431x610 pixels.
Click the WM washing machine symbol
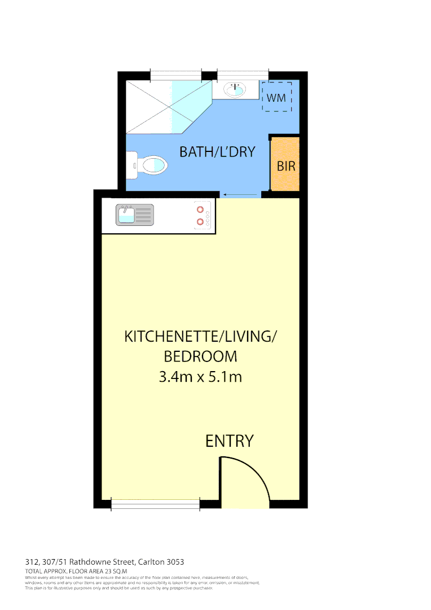[x=276, y=97]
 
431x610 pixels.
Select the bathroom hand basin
[x=235, y=90]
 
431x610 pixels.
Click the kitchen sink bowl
[x=126, y=215]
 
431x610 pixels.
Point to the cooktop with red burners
[x=203, y=215]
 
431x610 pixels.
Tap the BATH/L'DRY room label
[x=217, y=152]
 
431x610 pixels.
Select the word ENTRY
[x=229, y=441]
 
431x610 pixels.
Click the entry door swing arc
[x=248, y=480]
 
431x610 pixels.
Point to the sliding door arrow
[x=241, y=195]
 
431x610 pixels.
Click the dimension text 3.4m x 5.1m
[x=200, y=377]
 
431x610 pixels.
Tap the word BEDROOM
[x=200, y=356]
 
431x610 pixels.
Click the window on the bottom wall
[x=156, y=504]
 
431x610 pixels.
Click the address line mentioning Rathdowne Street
[x=104, y=562]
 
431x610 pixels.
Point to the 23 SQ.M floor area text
[x=109, y=572]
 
